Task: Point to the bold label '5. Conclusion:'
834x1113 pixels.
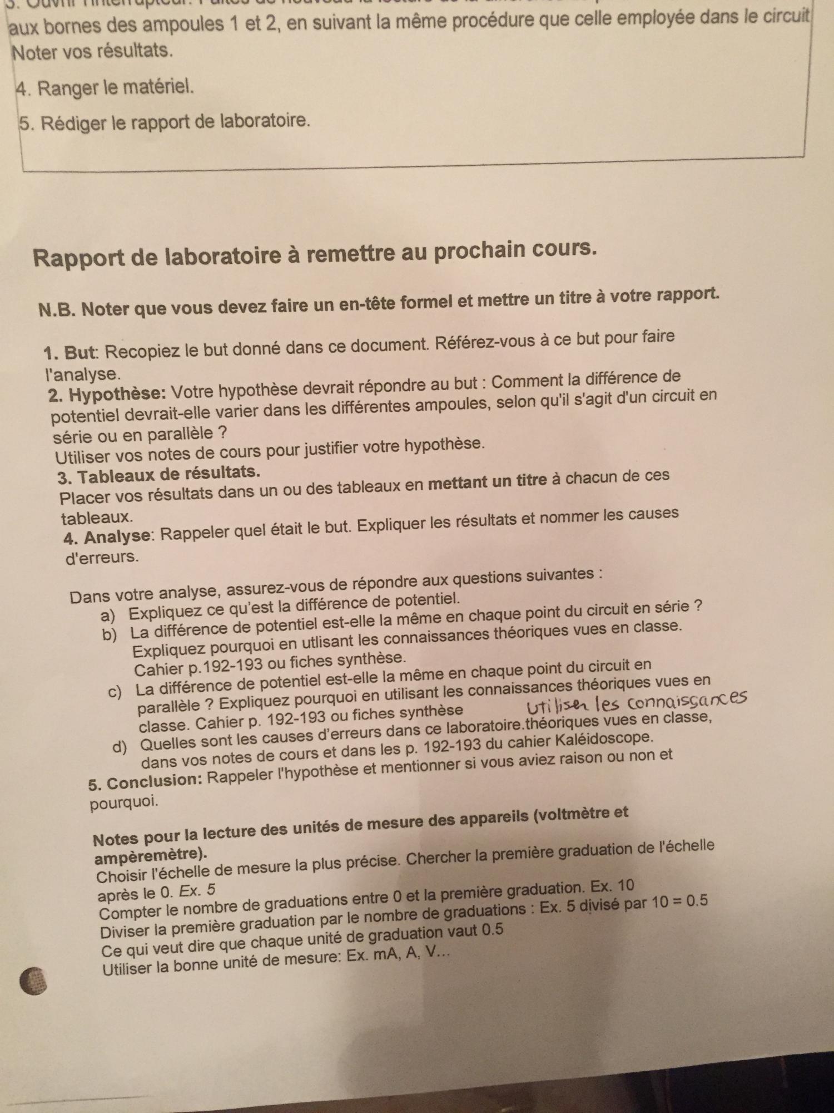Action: (145, 781)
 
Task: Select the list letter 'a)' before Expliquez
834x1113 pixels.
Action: (108, 615)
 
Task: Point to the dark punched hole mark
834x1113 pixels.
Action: (33, 981)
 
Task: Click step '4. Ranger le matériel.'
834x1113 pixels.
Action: (105, 87)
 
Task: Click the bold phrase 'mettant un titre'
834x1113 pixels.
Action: (487, 481)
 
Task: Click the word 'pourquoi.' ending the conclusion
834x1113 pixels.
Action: (124, 802)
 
